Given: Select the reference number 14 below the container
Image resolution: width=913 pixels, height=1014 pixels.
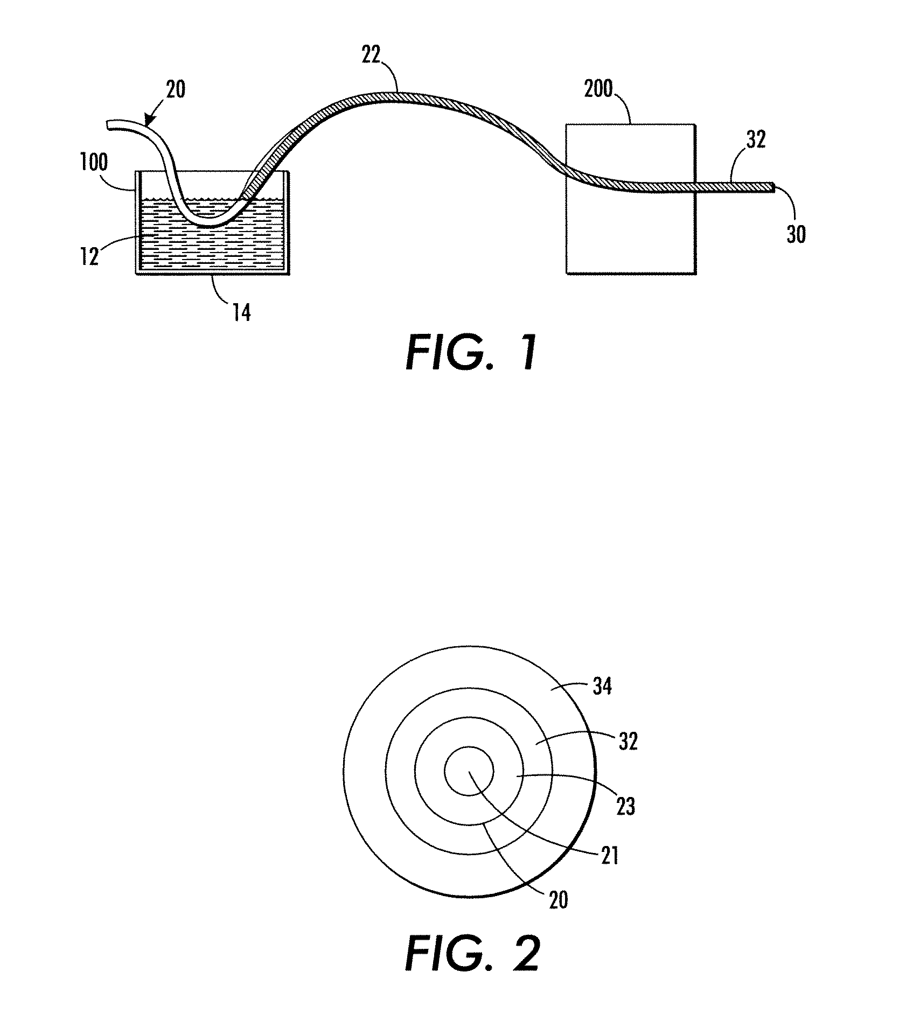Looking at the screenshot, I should tap(242, 312).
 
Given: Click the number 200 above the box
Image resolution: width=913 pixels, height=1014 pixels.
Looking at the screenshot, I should tap(598, 89).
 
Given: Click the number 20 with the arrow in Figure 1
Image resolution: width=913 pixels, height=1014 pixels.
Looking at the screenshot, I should tap(176, 89).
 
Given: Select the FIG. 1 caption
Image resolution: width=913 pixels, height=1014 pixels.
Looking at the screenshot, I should tap(471, 353).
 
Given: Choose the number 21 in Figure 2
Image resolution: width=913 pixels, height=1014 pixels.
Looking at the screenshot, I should tap(609, 855).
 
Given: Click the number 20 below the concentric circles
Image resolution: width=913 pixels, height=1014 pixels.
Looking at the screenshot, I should tap(558, 900).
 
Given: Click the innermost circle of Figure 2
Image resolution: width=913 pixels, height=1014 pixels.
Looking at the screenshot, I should tap(468, 771).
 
